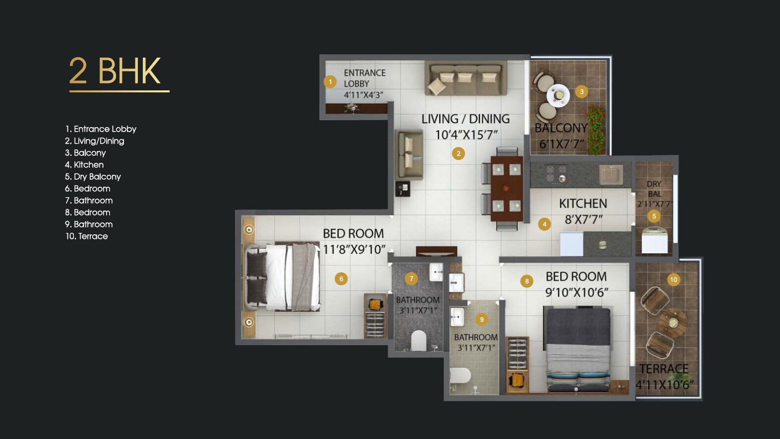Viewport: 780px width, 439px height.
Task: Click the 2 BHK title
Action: pyautogui.click(x=115, y=71)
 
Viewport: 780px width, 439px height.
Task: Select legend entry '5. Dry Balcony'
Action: pyautogui.click(x=93, y=177)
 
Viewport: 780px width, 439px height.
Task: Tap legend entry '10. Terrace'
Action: pyautogui.click(x=87, y=236)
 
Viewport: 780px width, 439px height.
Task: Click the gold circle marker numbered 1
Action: pyautogui.click(x=330, y=82)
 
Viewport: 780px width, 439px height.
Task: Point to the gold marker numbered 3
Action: pyautogui.click(x=582, y=91)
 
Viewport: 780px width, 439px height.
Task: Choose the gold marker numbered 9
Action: pyautogui.click(x=481, y=319)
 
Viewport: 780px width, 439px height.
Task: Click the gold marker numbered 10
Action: pyautogui.click(x=673, y=280)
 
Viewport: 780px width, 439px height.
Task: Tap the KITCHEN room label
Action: pyautogui.click(x=583, y=204)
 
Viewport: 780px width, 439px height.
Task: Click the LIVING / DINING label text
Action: pyautogui.click(x=465, y=119)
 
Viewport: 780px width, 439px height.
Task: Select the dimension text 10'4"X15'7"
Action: pyautogui.click(x=466, y=135)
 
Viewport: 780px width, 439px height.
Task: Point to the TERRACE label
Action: pyautogui.click(x=663, y=369)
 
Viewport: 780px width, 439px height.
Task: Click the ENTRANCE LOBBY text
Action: pyautogui.click(x=364, y=78)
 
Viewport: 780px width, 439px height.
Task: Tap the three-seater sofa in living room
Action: pyautogui.click(x=466, y=78)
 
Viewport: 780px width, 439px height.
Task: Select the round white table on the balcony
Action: pyautogui.click(x=558, y=95)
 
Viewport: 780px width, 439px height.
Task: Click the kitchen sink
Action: pyautogui.click(x=610, y=175)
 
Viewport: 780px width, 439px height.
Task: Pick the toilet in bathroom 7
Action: pyautogui.click(x=419, y=340)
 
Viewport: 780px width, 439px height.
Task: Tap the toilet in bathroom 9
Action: pyautogui.click(x=460, y=375)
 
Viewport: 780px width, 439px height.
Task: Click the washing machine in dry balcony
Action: pyautogui.click(x=655, y=240)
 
